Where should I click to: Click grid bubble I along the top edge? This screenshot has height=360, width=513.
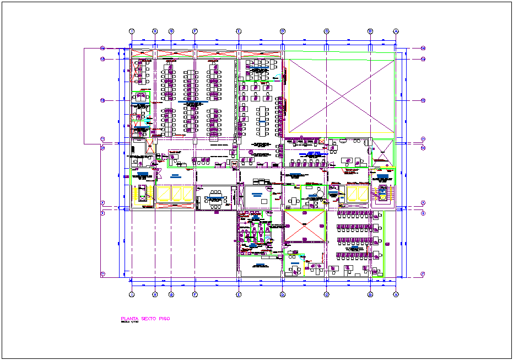[132, 31]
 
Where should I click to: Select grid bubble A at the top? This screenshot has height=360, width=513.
[396, 31]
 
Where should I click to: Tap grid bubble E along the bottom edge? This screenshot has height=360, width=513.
[239, 294]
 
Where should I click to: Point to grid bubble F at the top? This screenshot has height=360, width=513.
[195, 31]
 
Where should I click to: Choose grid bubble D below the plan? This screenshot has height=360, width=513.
[283, 294]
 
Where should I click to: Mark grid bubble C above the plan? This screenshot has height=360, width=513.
[326, 31]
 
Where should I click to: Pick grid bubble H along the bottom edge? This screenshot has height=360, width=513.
[155, 294]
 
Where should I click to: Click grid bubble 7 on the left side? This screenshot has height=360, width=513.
[102, 274]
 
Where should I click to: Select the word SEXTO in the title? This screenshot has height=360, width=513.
[149, 319]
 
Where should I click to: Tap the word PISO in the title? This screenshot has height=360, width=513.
[164, 319]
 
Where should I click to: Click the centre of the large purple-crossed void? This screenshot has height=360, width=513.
[342, 96]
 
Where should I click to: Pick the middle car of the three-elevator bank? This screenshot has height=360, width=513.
[178, 193]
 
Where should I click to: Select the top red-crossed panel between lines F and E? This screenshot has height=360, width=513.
[217, 54]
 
